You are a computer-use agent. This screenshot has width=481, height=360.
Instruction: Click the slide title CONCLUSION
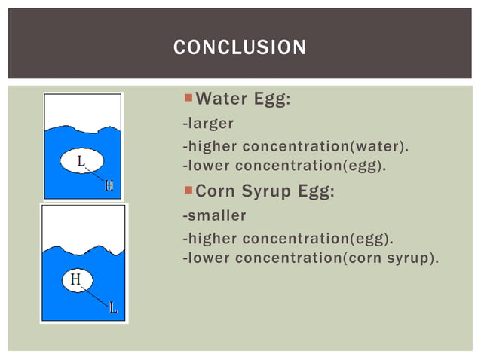240,47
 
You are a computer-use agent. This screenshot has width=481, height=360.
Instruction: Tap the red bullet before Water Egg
188,99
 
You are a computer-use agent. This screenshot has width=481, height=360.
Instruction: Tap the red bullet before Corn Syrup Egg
188,191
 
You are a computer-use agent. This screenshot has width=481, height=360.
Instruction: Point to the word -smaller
214,215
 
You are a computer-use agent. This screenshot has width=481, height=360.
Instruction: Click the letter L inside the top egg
81,160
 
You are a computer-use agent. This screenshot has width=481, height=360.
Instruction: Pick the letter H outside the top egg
109,186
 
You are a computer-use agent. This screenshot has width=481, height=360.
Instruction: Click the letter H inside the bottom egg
75,279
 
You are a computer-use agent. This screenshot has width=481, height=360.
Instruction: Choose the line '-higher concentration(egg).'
288,239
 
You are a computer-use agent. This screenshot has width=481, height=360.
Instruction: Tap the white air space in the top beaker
83,109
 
